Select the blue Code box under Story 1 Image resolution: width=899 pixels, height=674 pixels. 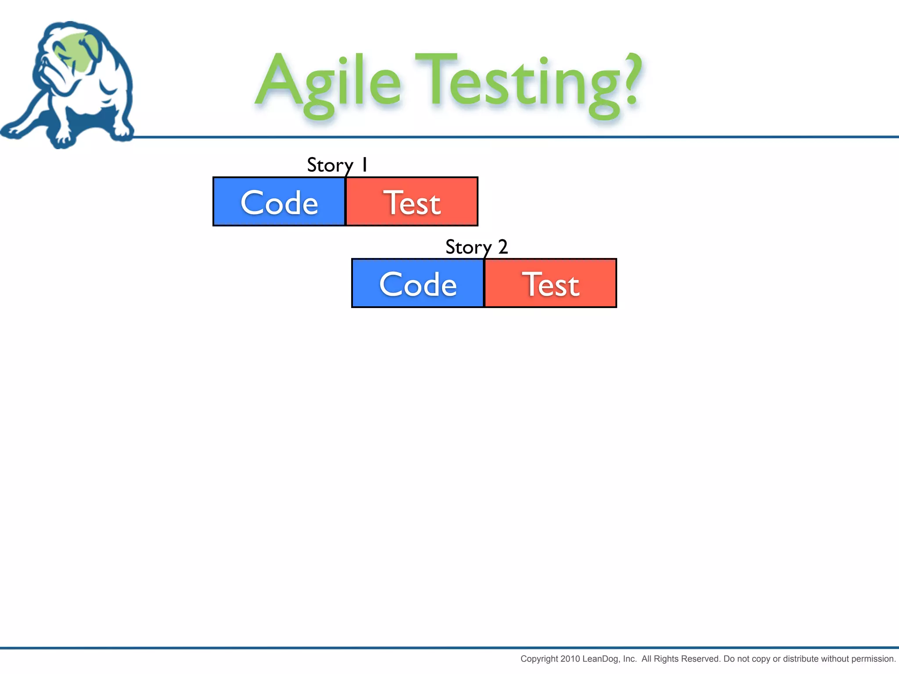click(279, 202)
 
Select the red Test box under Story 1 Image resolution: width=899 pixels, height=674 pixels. click(412, 202)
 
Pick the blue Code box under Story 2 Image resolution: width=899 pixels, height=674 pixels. click(418, 283)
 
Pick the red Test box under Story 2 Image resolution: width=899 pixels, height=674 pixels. click(550, 283)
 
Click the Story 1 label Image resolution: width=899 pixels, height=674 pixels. click(337, 165)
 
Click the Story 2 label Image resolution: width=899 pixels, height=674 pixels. click(476, 247)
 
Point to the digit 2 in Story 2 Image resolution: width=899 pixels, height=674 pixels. click(503, 247)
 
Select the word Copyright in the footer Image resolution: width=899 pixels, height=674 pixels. click(539, 659)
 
